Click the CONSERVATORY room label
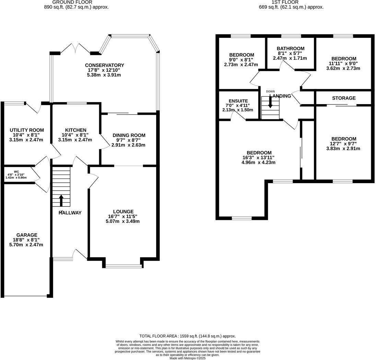pyautogui.click(x=104, y=65)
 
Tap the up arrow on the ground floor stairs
pyautogui.click(x=61, y=200)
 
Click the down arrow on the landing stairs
pyautogui.click(x=270, y=102)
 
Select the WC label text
pyautogui.click(x=16, y=171)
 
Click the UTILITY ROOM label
pyautogui.click(x=26, y=130)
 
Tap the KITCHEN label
pyautogui.click(x=76, y=130)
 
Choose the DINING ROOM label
pyautogui.click(x=129, y=135)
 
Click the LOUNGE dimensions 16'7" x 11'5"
pyautogui.click(x=123, y=216)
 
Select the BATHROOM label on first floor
pyautogui.click(x=291, y=48)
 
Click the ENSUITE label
pyautogui.click(x=238, y=101)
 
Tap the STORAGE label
pyautogui.click(x=343, y=98)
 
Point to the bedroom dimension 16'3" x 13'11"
pyautogui.click(x=259, y=158)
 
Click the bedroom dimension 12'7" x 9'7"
pyautogui.click(x=343, y=144)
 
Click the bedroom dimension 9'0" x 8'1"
pyautogui.click(x=242, y=60)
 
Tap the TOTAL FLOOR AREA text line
pyautogui.click(x=187, y=336)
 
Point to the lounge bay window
pyautogui.click(x=123, y=266)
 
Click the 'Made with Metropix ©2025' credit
pyautogui.click(x=187, y=358)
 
